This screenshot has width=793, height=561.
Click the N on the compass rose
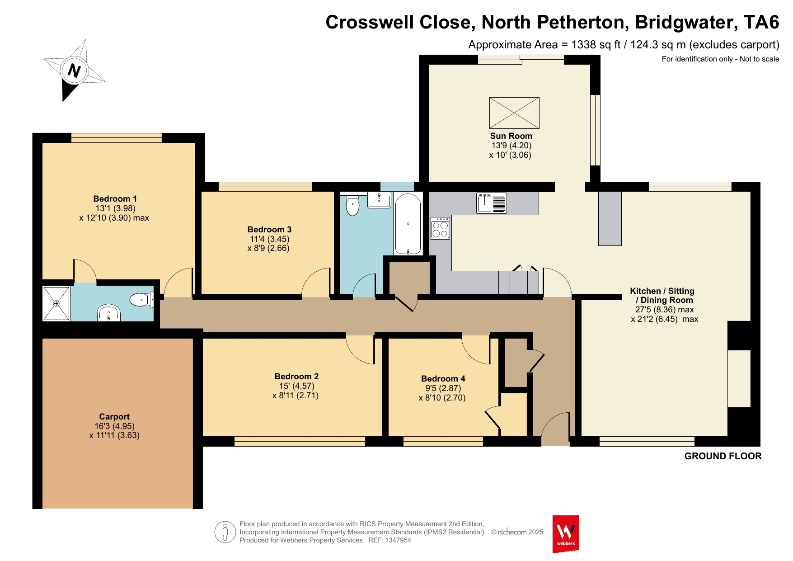(x=74, y=71)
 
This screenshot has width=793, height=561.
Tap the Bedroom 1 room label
(x=115, y=199)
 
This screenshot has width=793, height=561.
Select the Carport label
(x=114, y=417)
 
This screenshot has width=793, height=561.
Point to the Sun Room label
(x=511, y=136)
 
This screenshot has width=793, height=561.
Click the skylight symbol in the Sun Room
(x=514, y=113)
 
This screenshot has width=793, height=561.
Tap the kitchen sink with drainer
(x=492, y=203)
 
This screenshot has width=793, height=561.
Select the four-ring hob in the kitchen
(x=440, y=228)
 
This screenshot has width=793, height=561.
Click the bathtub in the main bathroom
(x=408, y=224)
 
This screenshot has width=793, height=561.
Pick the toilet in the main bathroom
(x=352, y=206)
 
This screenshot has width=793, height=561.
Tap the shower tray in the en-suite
(x=56, y=303)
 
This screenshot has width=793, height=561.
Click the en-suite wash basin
(x=109, y=313)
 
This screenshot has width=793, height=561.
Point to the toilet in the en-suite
(x=141, y=299)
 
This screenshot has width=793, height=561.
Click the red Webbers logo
(x=566, y=534)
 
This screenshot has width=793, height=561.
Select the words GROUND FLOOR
(x=723, y=456)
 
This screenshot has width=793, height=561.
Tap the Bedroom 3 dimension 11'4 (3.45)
(x=270, y=239)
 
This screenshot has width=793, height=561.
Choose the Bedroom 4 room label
(x=443, y=379)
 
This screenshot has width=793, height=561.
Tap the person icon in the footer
(x=225, y=532)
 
